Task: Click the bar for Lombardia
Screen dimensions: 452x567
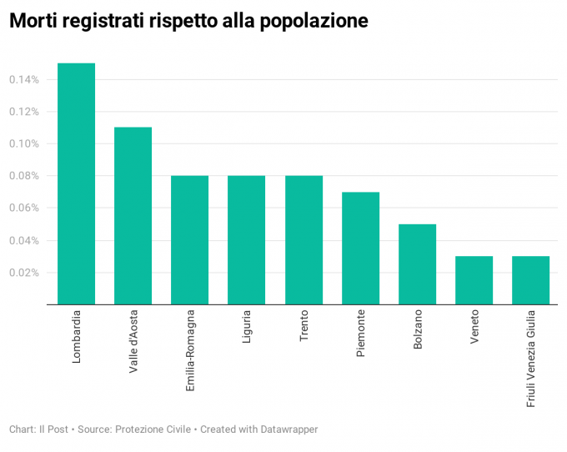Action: (x=76, y=183)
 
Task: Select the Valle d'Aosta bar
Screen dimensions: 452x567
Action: (x=133, y=215)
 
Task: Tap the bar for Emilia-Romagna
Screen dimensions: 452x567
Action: (x=189, y=240)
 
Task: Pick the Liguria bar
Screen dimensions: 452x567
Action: (x=246, y=240)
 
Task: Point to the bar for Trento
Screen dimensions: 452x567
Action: (x=304, y=240)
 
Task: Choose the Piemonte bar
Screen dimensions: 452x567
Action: (x=360, y=248)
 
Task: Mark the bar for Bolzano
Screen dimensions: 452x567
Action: (x=417, y=264)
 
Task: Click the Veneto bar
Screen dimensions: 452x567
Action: (x=474, y=279)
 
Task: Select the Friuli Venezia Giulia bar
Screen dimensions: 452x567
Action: (x=530, y=279)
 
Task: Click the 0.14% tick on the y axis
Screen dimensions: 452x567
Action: (x=23, y=80)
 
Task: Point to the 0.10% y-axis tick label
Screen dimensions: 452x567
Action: (x=23, y=144)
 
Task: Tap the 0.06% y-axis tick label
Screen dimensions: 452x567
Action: (x=23, y=208)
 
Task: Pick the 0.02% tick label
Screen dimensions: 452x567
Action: (x=23, y=273)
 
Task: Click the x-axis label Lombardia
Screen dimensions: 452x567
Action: (x=77, y=336)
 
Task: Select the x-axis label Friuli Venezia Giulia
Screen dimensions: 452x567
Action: (x=531, y=358)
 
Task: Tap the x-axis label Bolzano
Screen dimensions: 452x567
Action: (x=418, y=331)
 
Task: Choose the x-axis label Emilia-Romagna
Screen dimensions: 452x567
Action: (x=190, y=350)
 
